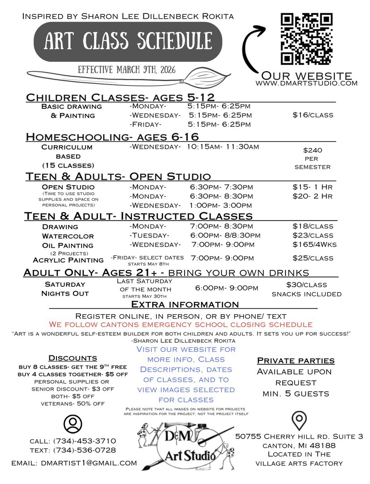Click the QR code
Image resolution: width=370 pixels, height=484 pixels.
(x=307, y=39)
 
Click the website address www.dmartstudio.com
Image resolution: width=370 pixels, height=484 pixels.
(x=306, y=83)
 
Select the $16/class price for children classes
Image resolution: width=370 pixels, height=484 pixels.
(x=313, y=115)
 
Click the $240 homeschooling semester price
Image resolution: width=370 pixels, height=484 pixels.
(x=313, y=151)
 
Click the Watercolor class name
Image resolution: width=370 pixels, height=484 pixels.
(x=68, y=236)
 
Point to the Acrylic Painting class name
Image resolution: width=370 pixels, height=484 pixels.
(x=68, y=260)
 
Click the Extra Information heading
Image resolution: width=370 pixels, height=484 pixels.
(x=185, y=305)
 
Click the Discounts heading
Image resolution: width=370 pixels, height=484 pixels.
(x=73, y=358)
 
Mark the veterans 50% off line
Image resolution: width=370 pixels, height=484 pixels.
(x=73, y=404)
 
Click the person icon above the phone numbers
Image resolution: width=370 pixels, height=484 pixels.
(x=73, y=423)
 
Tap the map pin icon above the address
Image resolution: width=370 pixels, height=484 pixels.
(x=298, y=421)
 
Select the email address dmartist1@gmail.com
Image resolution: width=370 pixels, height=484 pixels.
(x=74, y=463)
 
